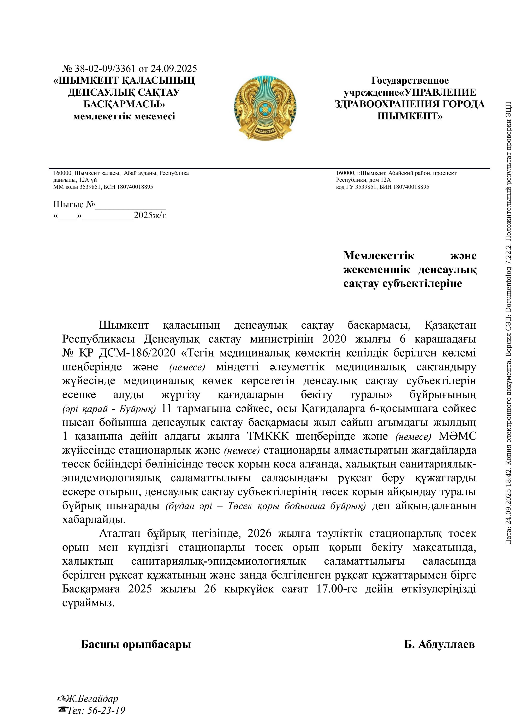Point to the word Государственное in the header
pyautogui.click(x=410, y=81)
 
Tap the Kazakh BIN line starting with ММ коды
pyautogui.click(x=103, y=187)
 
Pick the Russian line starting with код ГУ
pyautogui.click(x=382, y=187)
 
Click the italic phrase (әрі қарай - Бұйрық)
pyautogui.click(x=109, y=409)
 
